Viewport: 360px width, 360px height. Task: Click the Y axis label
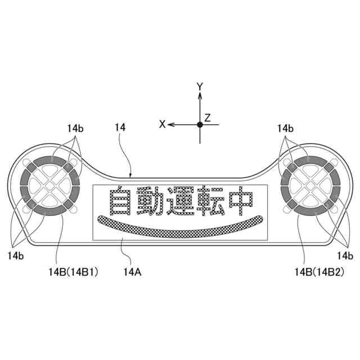click(200, 86)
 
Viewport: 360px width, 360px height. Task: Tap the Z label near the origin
click(208, 118)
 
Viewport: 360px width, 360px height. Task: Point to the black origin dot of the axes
click(200, 124)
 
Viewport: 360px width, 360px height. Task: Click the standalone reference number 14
click(120, 128)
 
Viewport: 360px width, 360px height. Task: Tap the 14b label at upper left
click(75, 128)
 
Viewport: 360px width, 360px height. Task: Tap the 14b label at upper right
click(285, 128)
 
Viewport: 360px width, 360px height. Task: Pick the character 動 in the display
click(150, 201)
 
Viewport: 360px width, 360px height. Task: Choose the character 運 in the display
click(179, 201)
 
